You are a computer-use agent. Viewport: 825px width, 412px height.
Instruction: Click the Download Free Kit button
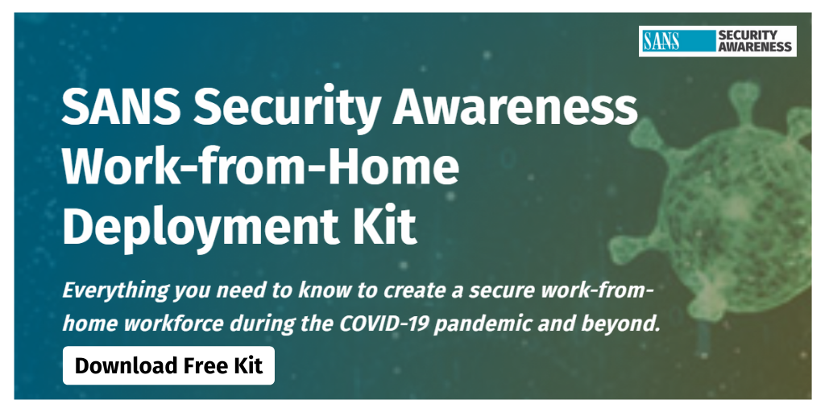click(x=168, y=365)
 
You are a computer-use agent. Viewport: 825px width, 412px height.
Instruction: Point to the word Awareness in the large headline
click(x=515, y=107)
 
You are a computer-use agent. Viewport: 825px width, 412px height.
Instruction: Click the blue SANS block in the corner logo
click(x=678, y=41)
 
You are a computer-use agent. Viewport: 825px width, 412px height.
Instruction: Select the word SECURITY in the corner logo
click(x=747, y=35)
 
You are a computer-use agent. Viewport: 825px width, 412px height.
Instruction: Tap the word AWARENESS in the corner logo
click(x=754, y=47)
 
